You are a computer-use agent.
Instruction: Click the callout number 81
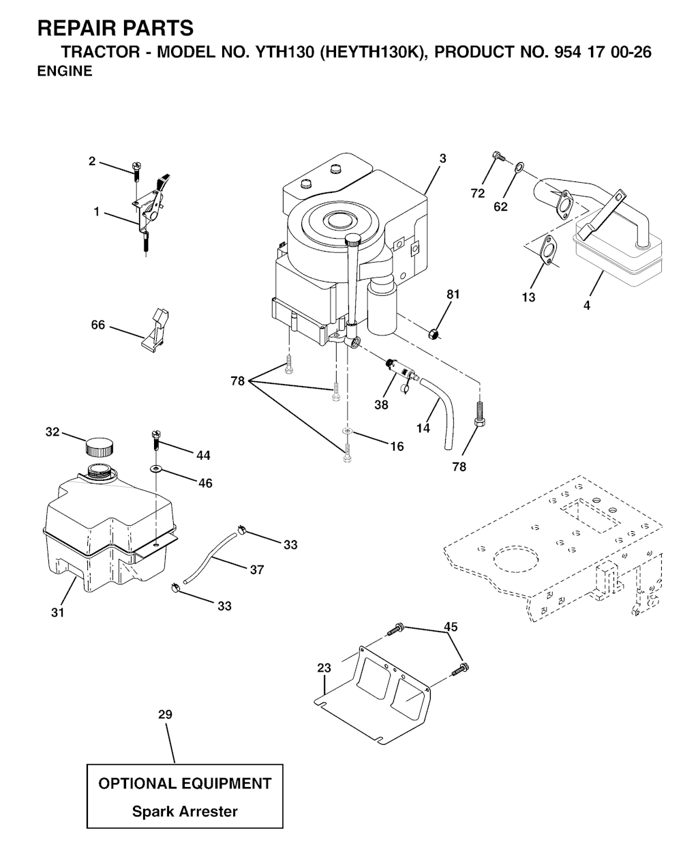tap(453, 295)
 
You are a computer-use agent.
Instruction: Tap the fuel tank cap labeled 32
tap(99, 447)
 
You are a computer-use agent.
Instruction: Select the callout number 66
tap(97, 325)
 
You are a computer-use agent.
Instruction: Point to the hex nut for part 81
tap(434, 334)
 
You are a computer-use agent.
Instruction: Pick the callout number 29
tap(165, 714)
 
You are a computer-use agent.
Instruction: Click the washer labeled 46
tap(156, 469)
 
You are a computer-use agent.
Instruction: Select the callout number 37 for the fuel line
tap(256, 569)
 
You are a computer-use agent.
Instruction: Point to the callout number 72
tap(477, 194)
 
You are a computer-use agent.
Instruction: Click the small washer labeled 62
tap(519, 166)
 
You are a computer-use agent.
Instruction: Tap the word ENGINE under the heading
tap(65, 71)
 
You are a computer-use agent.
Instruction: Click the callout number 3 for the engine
tap(442, 159)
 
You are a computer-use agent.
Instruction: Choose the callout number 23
tap(324, 668)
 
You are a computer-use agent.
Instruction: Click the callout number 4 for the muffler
tap(586, 306)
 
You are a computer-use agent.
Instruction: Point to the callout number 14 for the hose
tap(423, 428)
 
